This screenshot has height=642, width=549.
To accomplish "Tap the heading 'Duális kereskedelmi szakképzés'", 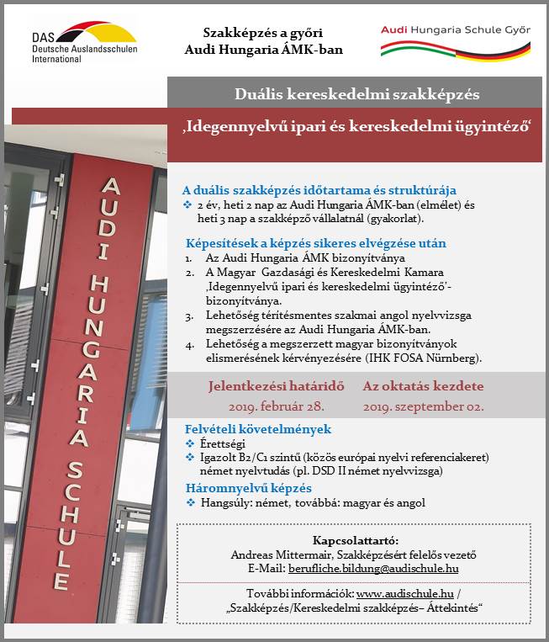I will (x=357, y=94).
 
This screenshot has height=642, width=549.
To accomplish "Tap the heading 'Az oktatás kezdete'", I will (x=423, y=387).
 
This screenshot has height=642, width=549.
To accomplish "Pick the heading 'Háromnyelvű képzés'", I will (x=248, y=488).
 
